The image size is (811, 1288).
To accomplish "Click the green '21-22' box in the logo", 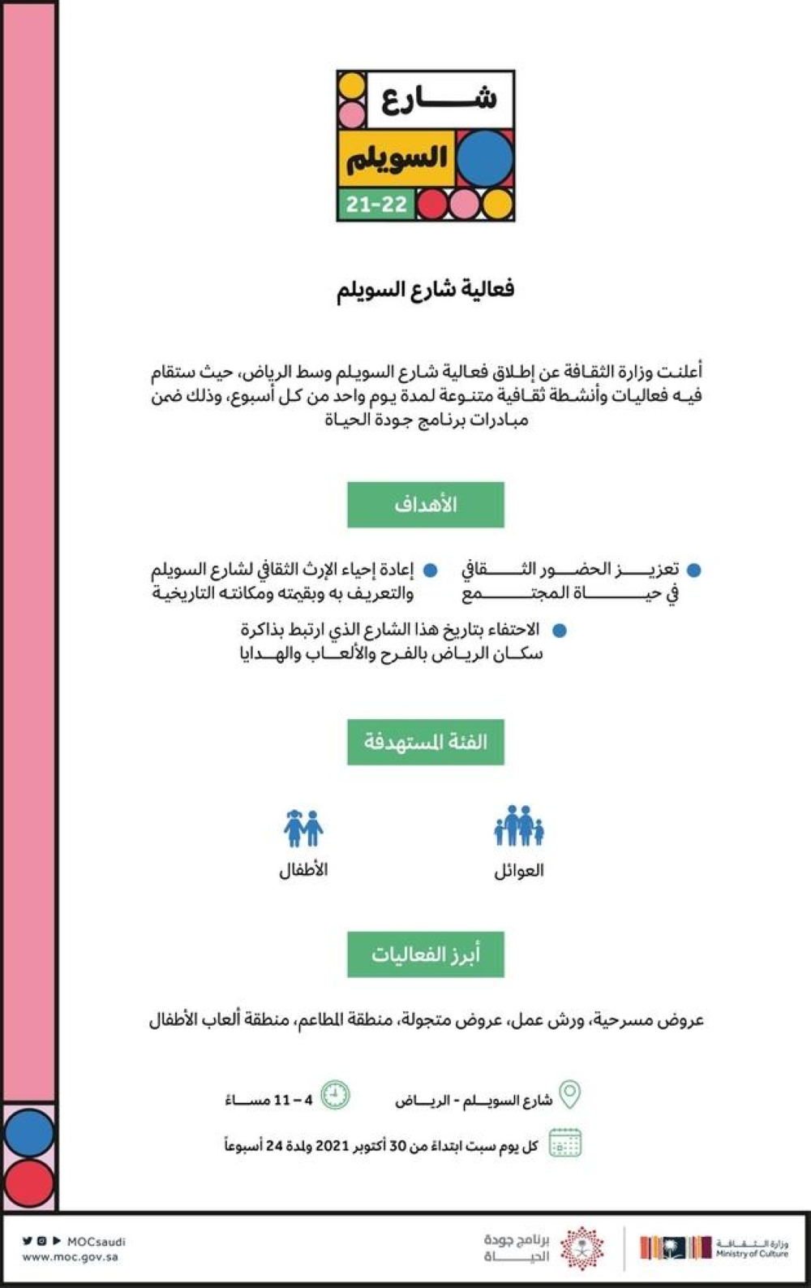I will tap(376, 204).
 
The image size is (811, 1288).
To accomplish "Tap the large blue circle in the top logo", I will tap(485, 157).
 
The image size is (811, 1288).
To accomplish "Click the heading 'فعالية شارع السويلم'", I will tap(426, 290).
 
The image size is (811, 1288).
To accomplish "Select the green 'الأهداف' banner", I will tap(426, 504).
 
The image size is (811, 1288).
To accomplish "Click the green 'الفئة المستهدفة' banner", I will tap(426, 742).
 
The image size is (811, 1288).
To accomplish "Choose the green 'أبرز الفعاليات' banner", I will tap(426, 954).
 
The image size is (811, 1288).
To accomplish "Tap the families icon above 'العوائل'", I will tap(519, 826).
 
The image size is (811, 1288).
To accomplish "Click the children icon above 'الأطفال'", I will tap(303, 828).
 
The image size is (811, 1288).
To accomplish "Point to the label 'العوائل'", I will tap(519, 871).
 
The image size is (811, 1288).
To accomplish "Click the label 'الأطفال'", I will tap(303, 870).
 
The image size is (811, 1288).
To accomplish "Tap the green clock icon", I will tap(335, 1095).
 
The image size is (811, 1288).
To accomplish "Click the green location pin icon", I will tap(570, 1095).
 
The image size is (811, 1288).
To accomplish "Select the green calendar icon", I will tap(565, 1143).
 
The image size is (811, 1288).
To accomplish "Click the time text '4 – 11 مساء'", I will tap(268, 1101).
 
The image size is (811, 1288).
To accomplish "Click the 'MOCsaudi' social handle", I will tap(96, 1241).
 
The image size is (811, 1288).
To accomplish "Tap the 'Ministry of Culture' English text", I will tap(752, 1254).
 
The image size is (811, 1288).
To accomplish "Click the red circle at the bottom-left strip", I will tap(29, 1182).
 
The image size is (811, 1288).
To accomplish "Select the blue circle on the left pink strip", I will tap(29, 1132).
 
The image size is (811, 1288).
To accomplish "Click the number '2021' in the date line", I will tap(331, 1146).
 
